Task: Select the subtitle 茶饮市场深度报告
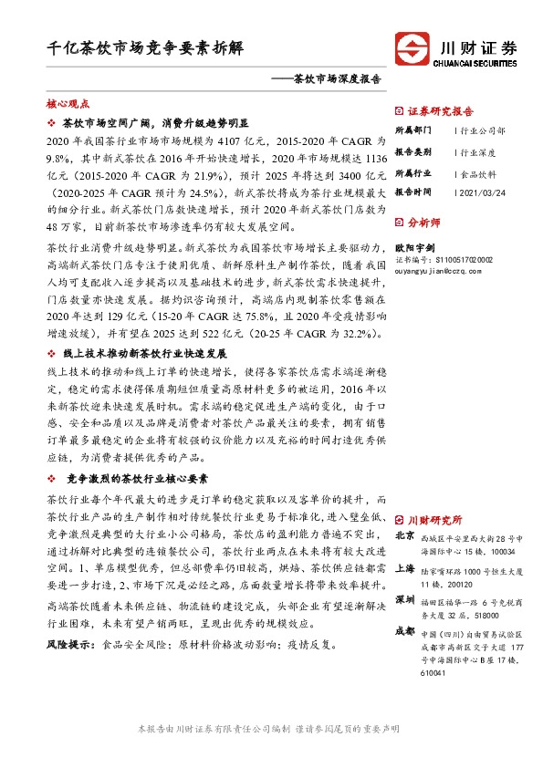tap(329, 78)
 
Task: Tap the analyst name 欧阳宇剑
tap(414, 246)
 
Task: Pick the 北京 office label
tap(405, 535)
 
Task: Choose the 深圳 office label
tap(405, 599)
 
